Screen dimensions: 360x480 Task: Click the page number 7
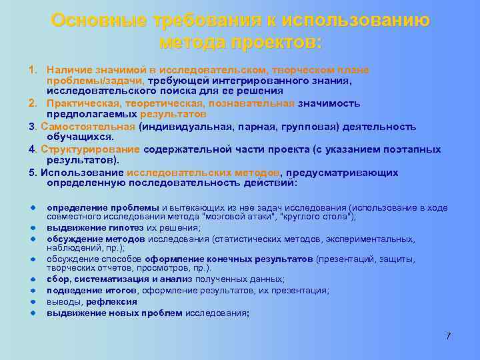tap(449, 336)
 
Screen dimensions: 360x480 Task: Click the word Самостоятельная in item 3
tap(89, 126)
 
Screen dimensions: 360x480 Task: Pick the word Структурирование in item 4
tap(89, 149)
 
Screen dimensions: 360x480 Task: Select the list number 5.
tap(32, 173)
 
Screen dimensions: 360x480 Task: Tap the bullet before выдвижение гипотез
tap(31, 227)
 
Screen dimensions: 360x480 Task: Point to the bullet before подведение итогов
tap(31, 291)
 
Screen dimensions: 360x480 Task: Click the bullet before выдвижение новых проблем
tap(31, 311)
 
